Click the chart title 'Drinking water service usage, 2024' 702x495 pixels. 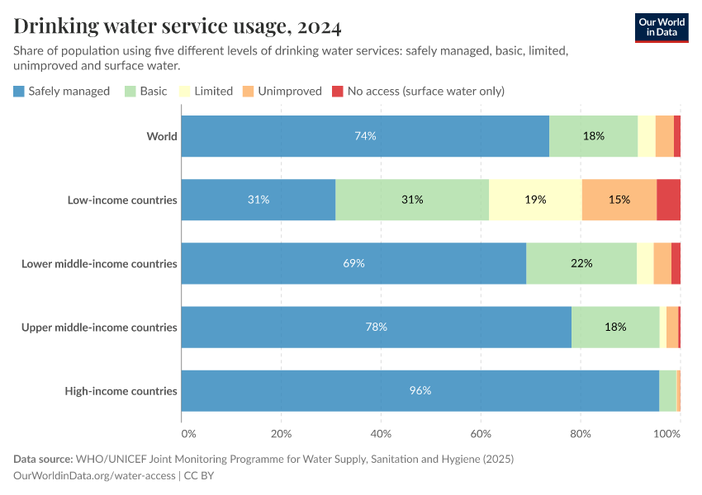pyautogui.click(x=177, y=26)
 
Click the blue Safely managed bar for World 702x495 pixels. pyautogui.click(x=365, y=136)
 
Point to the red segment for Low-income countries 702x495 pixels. pyautogui.click(x=668, y=200)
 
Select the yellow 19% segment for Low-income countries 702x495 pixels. pyautogui.click(x=535, y=200)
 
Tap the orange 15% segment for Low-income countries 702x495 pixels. pyautogui.click(x=619, y=200)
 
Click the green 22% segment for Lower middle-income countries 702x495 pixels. pyautogui.click(x=581, y=263)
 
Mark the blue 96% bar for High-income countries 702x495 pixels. pyautogui.click(x=420, y=391)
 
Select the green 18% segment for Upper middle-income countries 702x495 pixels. pyautogui.click(x=615, y=327)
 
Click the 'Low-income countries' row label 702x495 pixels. pyautogui.click(x=123, y=200)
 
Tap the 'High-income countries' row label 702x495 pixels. pyautogui.click(x=121, y=391)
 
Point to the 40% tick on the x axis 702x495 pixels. pyautogui.click(x=381, y=433)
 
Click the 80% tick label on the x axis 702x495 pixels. pyautogui.click(x=580, y=433)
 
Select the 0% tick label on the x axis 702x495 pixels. pyautogui.click(x=188, y=433)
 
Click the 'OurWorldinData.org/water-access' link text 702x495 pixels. pyautogui.click(x=94, y=475)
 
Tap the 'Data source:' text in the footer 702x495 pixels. pyautogui.click(x=43, y=459)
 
